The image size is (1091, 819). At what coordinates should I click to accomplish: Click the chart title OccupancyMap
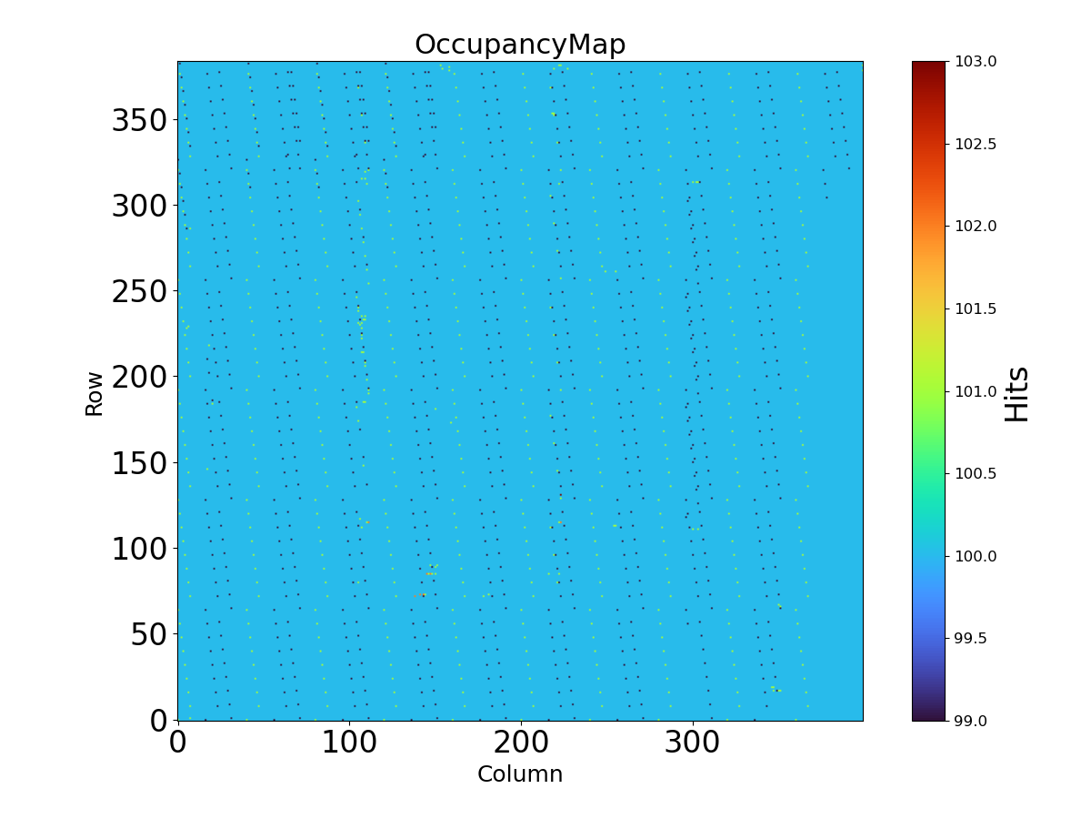click(520, 45)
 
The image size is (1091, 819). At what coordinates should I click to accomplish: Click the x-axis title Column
click(520, 774)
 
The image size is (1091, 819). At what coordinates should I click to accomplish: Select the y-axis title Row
click(95, 391)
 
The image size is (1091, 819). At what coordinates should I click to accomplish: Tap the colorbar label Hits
click(1017, 393)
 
